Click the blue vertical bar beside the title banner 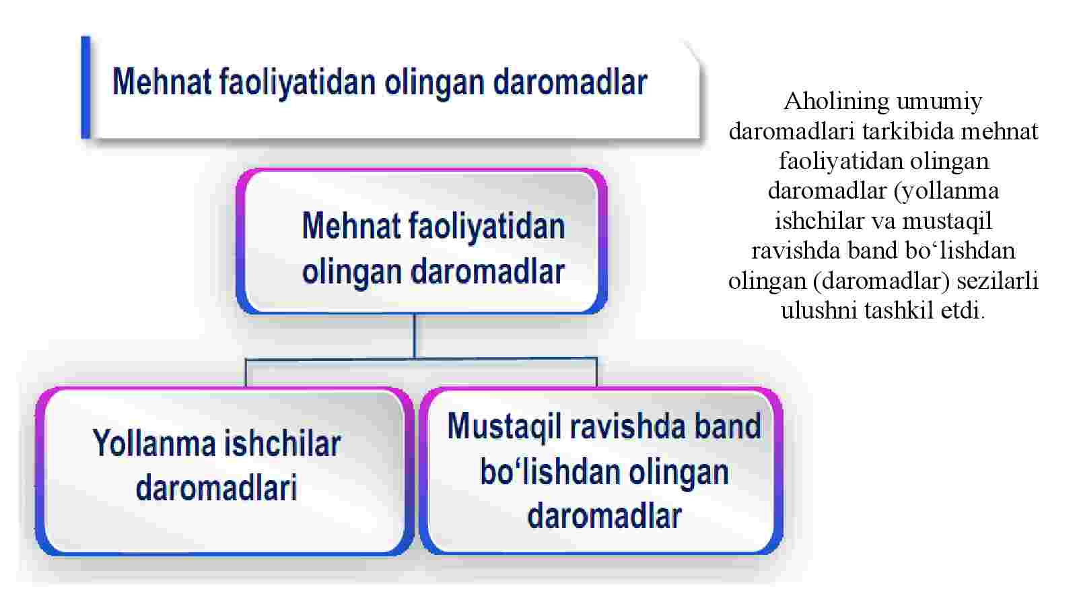[x=85, y=87]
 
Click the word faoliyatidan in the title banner [x=297, y=83]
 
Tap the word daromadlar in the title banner [x=569, y=82]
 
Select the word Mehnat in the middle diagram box [x=351, y=226]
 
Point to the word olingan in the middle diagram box [x=352, y=273]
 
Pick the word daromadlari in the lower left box [x=216, y=487]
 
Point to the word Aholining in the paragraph [x=836, y=102]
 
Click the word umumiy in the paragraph [x=939, y=102]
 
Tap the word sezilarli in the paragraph [x=997, y=281]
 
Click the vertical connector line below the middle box [x=415, y=336]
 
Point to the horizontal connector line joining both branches [x=421, y=359]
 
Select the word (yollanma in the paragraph [x=946, y=192]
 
